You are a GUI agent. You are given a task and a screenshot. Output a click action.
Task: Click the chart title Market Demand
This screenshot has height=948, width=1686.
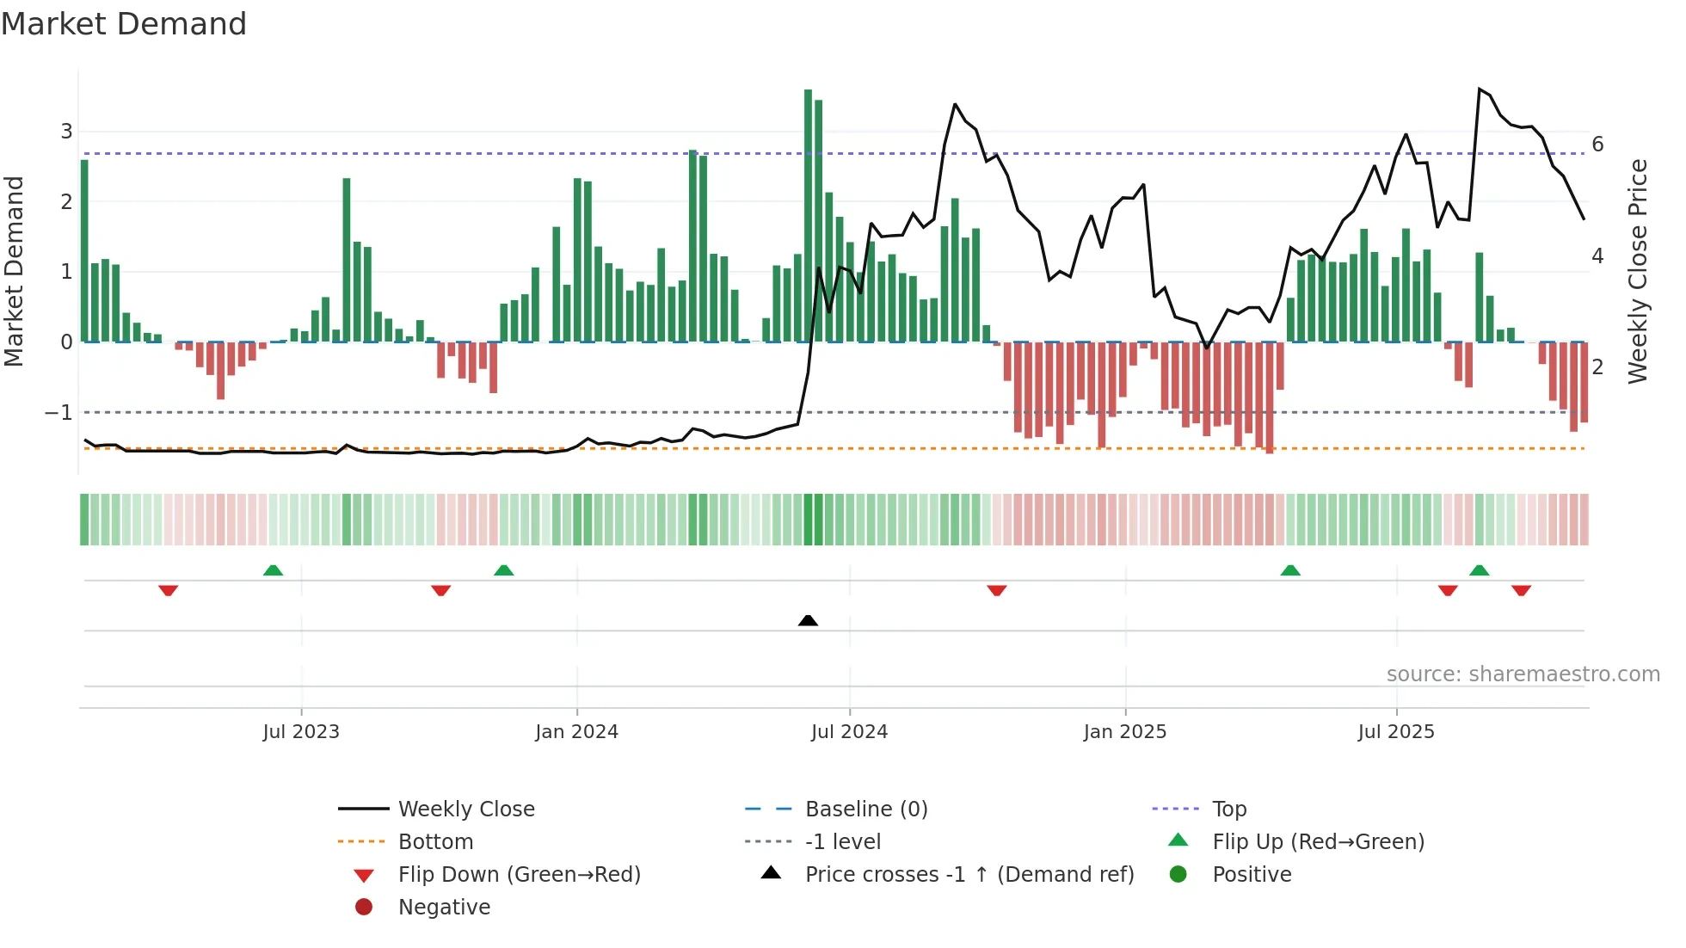[124, 24]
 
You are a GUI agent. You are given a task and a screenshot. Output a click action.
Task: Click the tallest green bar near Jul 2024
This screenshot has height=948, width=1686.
[808, 215]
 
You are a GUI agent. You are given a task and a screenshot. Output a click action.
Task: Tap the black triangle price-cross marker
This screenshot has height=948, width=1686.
[808, 620]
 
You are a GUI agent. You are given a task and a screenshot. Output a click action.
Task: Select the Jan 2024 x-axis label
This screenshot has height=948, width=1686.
[576, 732]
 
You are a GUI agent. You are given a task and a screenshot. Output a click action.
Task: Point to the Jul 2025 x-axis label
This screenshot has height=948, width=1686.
[1396, 732]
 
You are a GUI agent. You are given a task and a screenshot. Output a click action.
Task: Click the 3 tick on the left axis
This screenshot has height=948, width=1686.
[66, 132]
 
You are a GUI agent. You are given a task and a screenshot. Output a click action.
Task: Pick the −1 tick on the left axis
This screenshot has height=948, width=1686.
[58, 413]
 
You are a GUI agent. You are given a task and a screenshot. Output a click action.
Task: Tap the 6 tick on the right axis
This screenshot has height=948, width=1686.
[1597, 145]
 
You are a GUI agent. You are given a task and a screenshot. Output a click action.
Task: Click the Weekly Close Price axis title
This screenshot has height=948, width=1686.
[1638, 271]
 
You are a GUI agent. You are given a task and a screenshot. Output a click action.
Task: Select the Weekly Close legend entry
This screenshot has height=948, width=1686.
[465, 809]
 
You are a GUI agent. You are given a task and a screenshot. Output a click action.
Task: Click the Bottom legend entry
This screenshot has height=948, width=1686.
[435, 842]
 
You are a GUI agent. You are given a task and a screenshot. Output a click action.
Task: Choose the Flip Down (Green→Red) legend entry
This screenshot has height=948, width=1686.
[519, 875]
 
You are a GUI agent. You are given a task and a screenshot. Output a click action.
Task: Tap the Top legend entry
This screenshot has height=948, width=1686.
[1229, 809]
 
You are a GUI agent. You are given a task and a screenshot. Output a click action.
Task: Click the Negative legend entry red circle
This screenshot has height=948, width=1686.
[364, 908]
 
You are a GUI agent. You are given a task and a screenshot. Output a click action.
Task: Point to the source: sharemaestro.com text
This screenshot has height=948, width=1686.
[1523, 674]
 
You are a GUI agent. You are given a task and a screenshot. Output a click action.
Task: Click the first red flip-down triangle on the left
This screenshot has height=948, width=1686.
[169, 590]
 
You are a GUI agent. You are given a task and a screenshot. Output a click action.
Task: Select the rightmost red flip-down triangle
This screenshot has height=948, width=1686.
[1521, 590]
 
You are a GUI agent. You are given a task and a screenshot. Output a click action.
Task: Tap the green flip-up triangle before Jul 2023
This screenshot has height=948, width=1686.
[273, 570]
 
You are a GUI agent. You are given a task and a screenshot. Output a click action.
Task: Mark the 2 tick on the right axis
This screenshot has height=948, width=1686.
[1597, 367]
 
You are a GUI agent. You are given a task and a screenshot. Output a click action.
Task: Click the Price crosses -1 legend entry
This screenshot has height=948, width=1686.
[969, 875]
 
